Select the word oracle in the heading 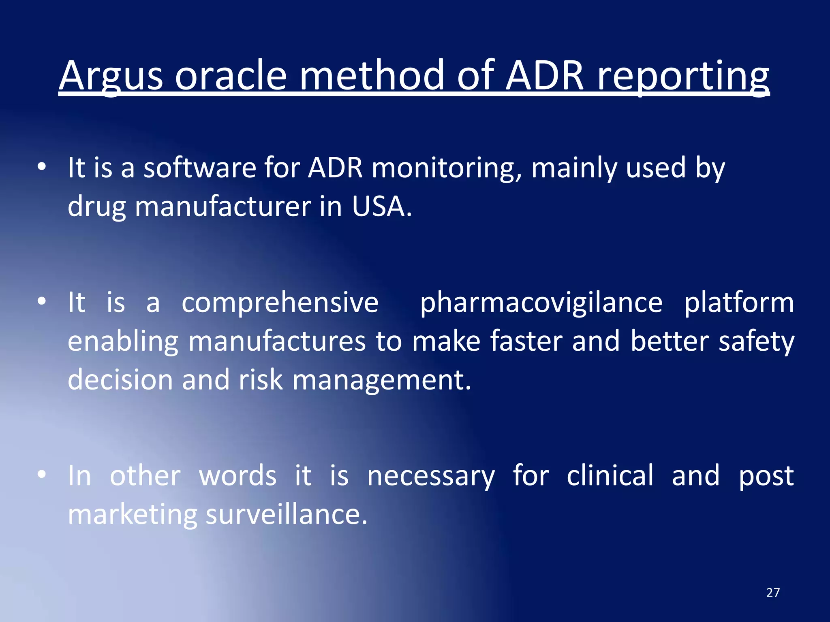click(231, 76)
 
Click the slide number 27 click(773, 593)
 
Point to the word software click(200, 168)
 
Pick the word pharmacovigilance click(541, 302)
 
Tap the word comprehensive click(280, 302)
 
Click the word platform click(739, 302)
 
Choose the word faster click(526, 341)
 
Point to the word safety click(756, 341)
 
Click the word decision click(120, 380)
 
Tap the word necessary click(431, 476)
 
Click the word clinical click(610, 476)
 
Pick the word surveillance click(286, 515)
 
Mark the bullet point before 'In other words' click(41, 474)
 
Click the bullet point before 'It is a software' click(41, 166)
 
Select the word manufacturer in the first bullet click(222, 207)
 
